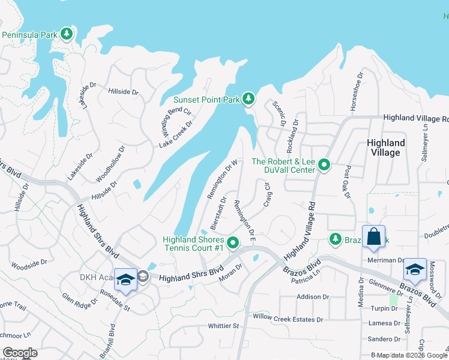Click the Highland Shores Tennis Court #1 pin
[x=233, y=242]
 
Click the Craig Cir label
[x=267, y=195]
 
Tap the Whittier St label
[x=223, y=326]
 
